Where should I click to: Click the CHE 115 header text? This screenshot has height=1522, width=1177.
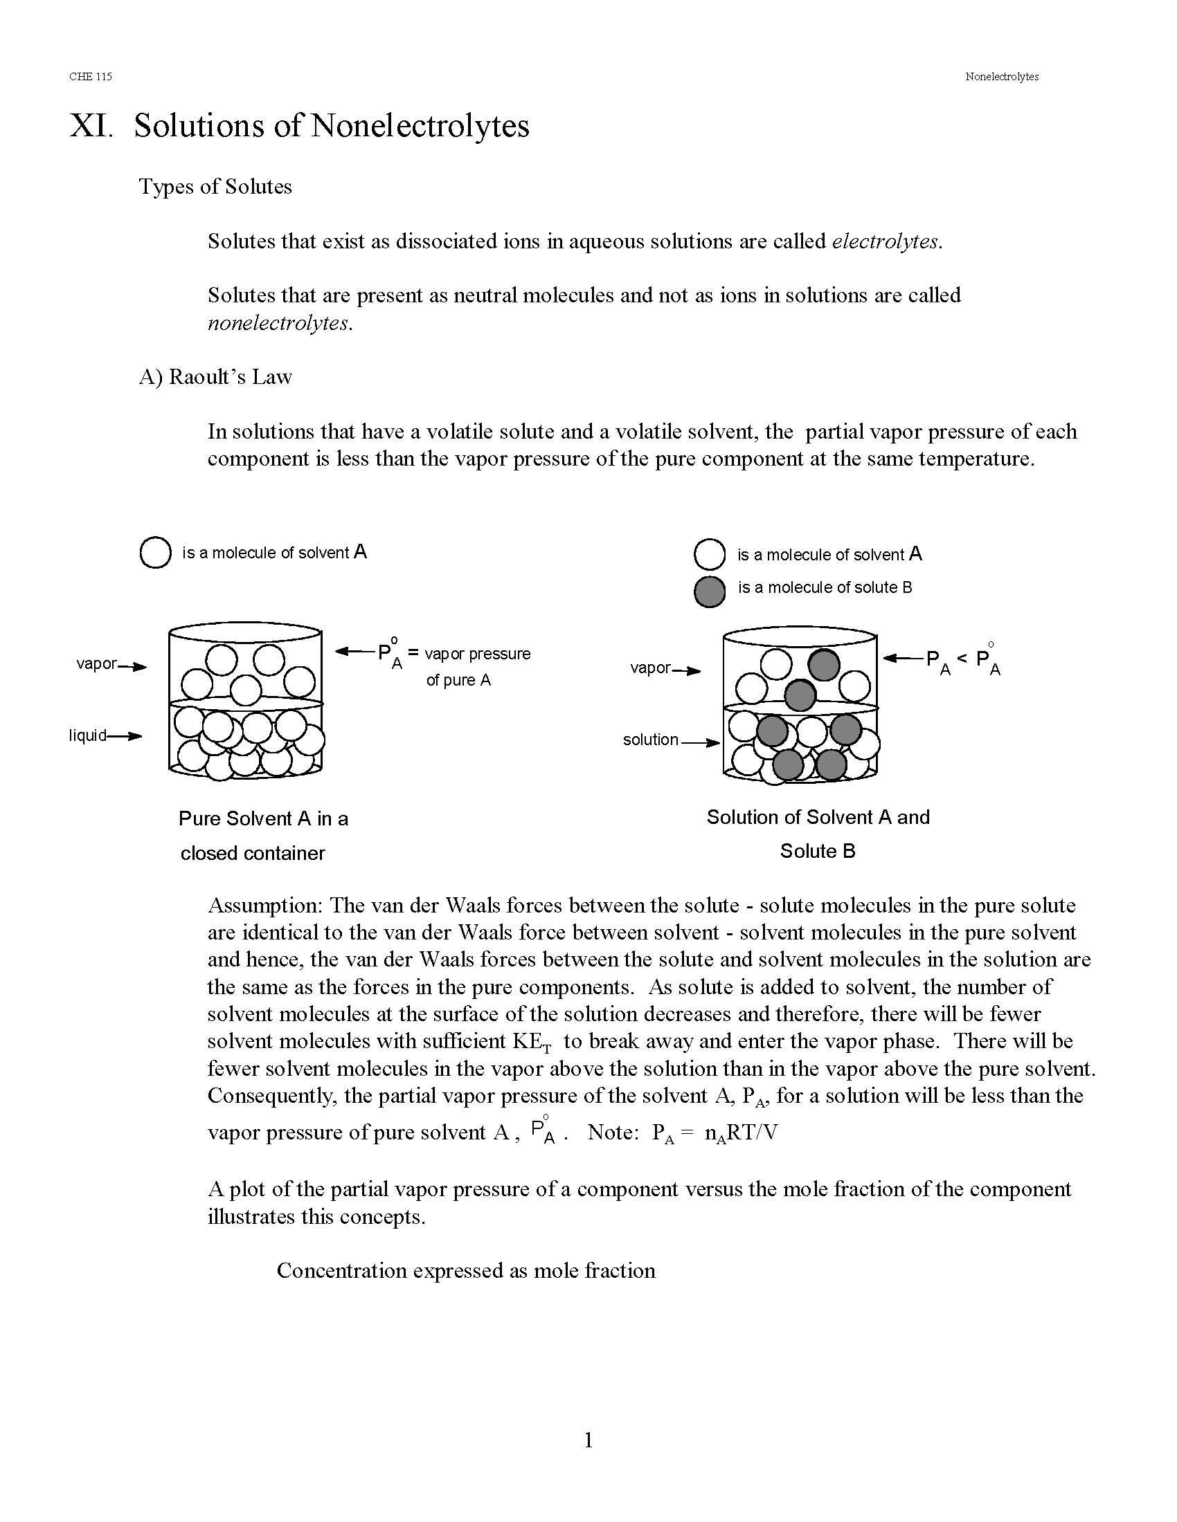tap(91, 77)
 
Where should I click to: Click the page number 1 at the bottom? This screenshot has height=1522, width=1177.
tap(588, 1440)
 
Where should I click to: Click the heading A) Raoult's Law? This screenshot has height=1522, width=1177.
tap(215, 377)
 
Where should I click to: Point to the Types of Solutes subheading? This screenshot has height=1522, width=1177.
tap(215, 186)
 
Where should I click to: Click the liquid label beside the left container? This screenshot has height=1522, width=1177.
tap(88, 735)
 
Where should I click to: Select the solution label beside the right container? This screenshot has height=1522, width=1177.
tap(650, 740)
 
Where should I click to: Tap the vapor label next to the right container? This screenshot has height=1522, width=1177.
tap(650, 668)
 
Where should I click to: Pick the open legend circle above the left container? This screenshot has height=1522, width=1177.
tap(156, 553)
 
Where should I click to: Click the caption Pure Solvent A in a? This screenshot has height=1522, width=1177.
tap(263, 818)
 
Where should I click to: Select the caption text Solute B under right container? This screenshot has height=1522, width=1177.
tap(817, 851)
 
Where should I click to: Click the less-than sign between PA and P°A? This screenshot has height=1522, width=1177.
tap(962, 658)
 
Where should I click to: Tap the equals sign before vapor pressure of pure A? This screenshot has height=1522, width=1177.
tap(413, 654)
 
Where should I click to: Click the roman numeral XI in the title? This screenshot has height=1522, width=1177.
tap(90, 126)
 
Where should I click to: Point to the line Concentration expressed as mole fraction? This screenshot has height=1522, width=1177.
tap(466, 1270)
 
